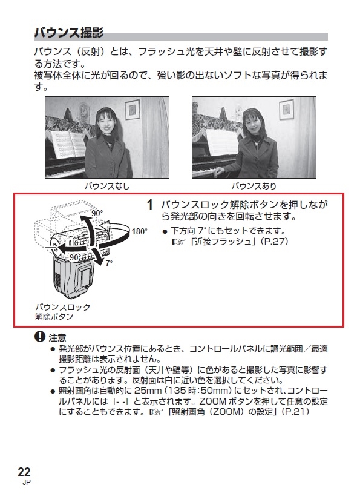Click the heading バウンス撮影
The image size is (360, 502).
tap(69, 33)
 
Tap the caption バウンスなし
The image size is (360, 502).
tap(107, 186)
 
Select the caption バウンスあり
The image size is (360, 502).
tap(254, 186)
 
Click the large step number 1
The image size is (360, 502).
tap(150, 205)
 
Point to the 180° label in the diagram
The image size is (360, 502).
tap(140, 231)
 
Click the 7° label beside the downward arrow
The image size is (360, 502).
tap(109, 263)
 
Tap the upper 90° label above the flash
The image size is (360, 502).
tap(97, 213)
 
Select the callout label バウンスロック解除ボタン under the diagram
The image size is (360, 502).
tap(63, 312)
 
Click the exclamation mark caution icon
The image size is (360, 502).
tap(40, 337)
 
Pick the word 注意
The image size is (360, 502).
tap(57, 337)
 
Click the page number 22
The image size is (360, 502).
tap(24, 472)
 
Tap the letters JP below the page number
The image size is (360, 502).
tap(27, 483)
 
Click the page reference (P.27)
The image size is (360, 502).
tap(275, 242)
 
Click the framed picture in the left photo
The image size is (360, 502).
tap(132, 110)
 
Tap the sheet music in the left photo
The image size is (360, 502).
tap(68, 144)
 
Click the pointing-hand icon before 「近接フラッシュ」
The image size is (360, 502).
tap(179, 242)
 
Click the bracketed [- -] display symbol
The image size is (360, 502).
tap(120, 401)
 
